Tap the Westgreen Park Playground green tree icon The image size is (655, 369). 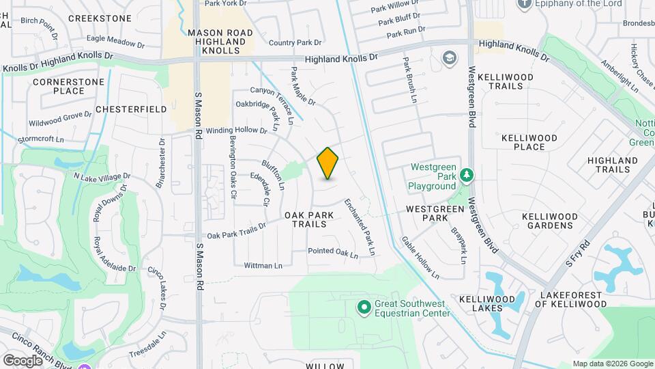click(x=467, y=176)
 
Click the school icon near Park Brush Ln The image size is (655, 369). click(x=449, y=57)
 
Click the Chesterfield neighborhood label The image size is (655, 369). click(x=131, y=109)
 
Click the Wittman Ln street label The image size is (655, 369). click(x=263, y=265)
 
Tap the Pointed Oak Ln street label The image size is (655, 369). click(x=333, y=253)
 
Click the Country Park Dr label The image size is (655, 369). click(x=295, y=42)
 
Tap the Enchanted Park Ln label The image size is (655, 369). click(x=360, y=227)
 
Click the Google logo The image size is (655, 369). click(x=23, y=360)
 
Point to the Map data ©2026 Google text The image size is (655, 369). click(x=612, y=364)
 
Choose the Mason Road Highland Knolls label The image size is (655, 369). click(x=220, y=42)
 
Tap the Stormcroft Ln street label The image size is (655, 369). click(x=40, y=139)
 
